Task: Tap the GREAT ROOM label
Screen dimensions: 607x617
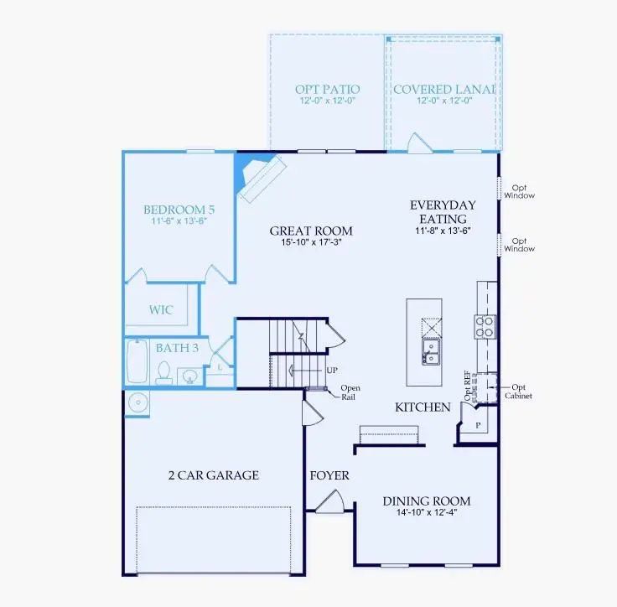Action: [x=310, y=231]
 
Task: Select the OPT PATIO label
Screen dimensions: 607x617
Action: [x=327, y=89]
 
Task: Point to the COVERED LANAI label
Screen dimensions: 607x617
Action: [x=443, y=89]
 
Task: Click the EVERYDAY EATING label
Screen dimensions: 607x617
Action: [x=443, y=210]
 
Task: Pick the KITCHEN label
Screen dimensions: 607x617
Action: [x=423, y=407]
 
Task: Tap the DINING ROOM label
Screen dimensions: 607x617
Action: [x=427, y=501]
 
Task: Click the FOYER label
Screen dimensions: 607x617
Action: [x=329, y=475]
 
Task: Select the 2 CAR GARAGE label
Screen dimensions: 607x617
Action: [x=214, y=475]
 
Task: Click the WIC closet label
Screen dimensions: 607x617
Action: [x=162, y=310]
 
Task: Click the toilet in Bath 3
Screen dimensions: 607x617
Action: [x=164, y=371]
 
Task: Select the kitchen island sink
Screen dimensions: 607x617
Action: [x=432, y=351]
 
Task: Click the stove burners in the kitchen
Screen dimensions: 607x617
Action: [x=485, y=326]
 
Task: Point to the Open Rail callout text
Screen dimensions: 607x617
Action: [x=350, y=393]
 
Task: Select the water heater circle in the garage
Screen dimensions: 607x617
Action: [x=137, y=403]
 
